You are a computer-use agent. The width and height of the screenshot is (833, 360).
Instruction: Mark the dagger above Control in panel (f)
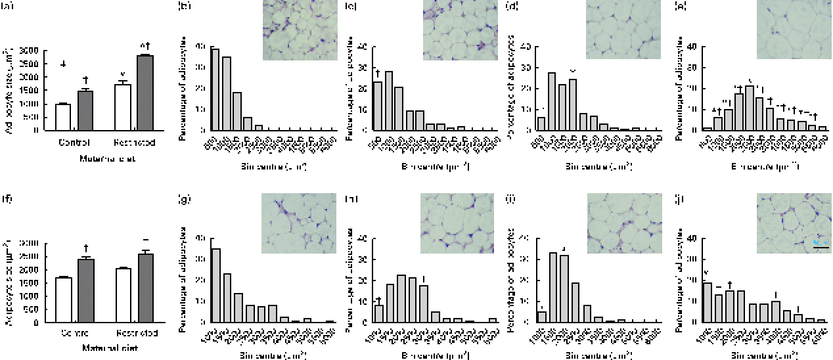point(86,248)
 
